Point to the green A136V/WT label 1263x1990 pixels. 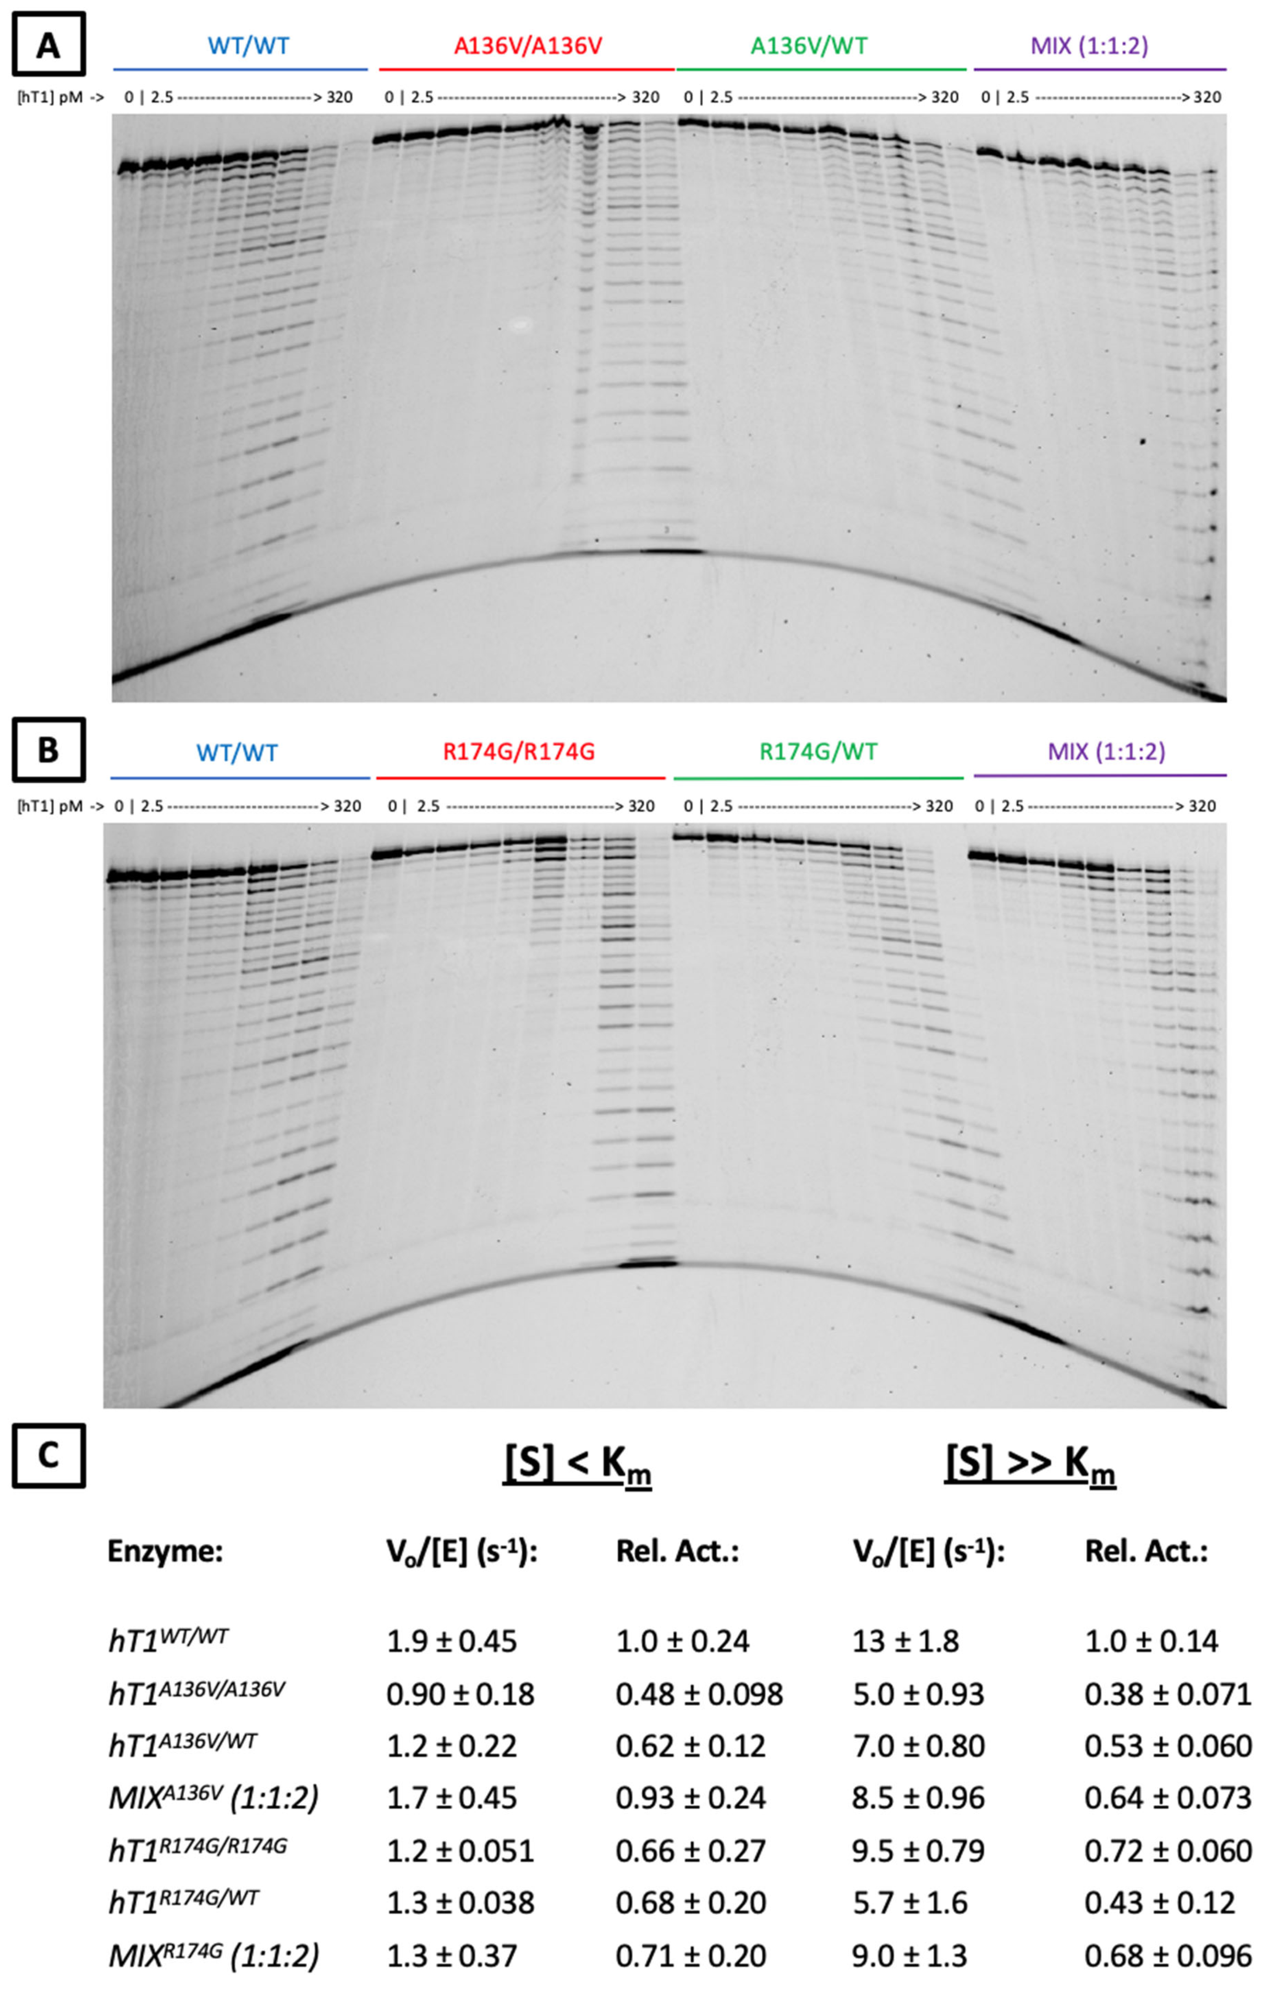(x=809, y=45)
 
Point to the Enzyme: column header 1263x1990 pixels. (x=165, y=1552)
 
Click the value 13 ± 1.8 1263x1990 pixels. (x=906, y=1640)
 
